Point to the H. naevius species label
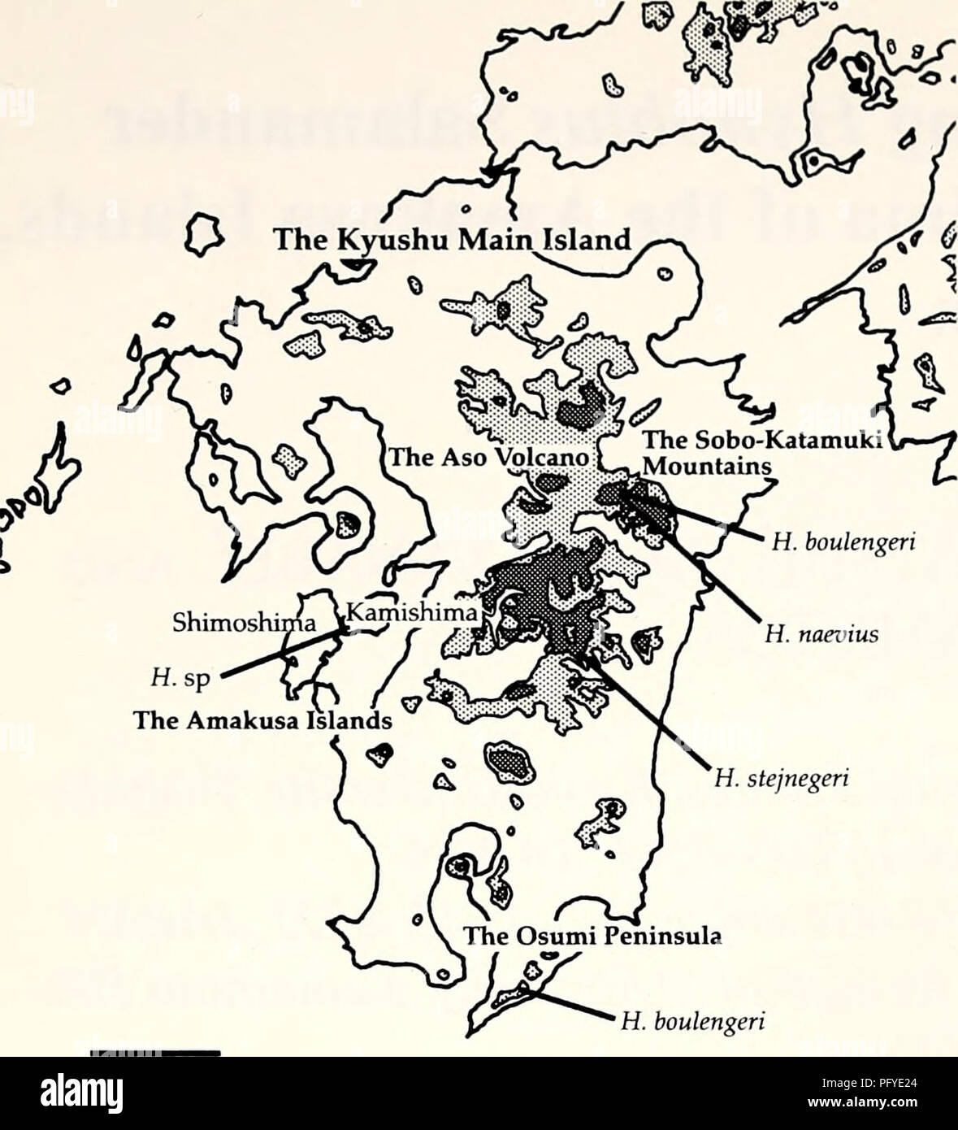coord(821,637)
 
